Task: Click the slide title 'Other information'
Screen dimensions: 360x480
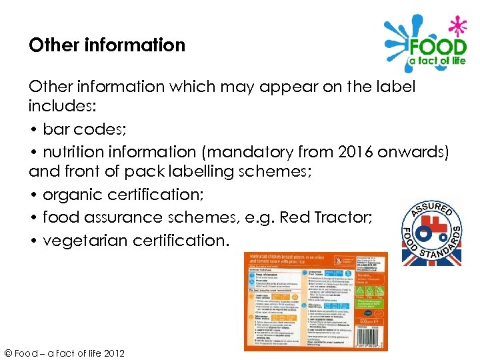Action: point(107,45)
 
